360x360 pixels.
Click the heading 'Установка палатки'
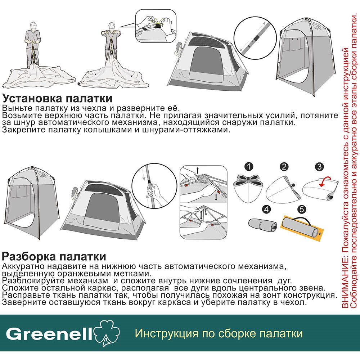point(57,99)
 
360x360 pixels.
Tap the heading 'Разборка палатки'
point(54,256)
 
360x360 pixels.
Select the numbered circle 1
point(249,166)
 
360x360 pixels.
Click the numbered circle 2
point(284,166)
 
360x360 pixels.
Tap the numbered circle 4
point(266,209)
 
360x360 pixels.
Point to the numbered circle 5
point(302,209)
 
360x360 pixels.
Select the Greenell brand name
point(49,334)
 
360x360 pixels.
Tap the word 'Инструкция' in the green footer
point(166,333)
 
